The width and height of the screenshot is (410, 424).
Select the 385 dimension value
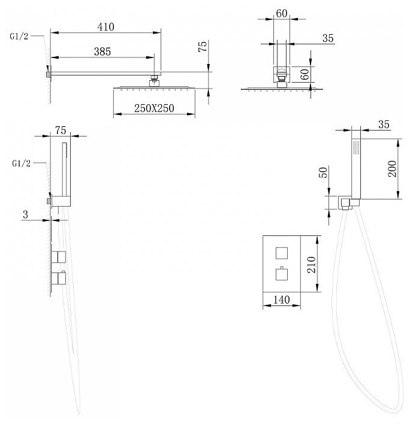pyautogui.click(x=103, y=52)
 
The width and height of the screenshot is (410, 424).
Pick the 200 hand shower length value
pyautogui.click(x=391, y=169)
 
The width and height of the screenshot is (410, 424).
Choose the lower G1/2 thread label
pyautogui.click(x=19, y=163)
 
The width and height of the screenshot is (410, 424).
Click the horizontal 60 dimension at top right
pyautogui.click(x=282, y=13)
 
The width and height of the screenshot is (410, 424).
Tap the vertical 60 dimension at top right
pyautogui.click(x=305, y=74)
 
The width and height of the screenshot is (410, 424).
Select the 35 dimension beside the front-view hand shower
pyautogui.click(x=385, y=125)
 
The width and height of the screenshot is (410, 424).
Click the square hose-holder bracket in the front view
pyautogui.click(x=345, y=203)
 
